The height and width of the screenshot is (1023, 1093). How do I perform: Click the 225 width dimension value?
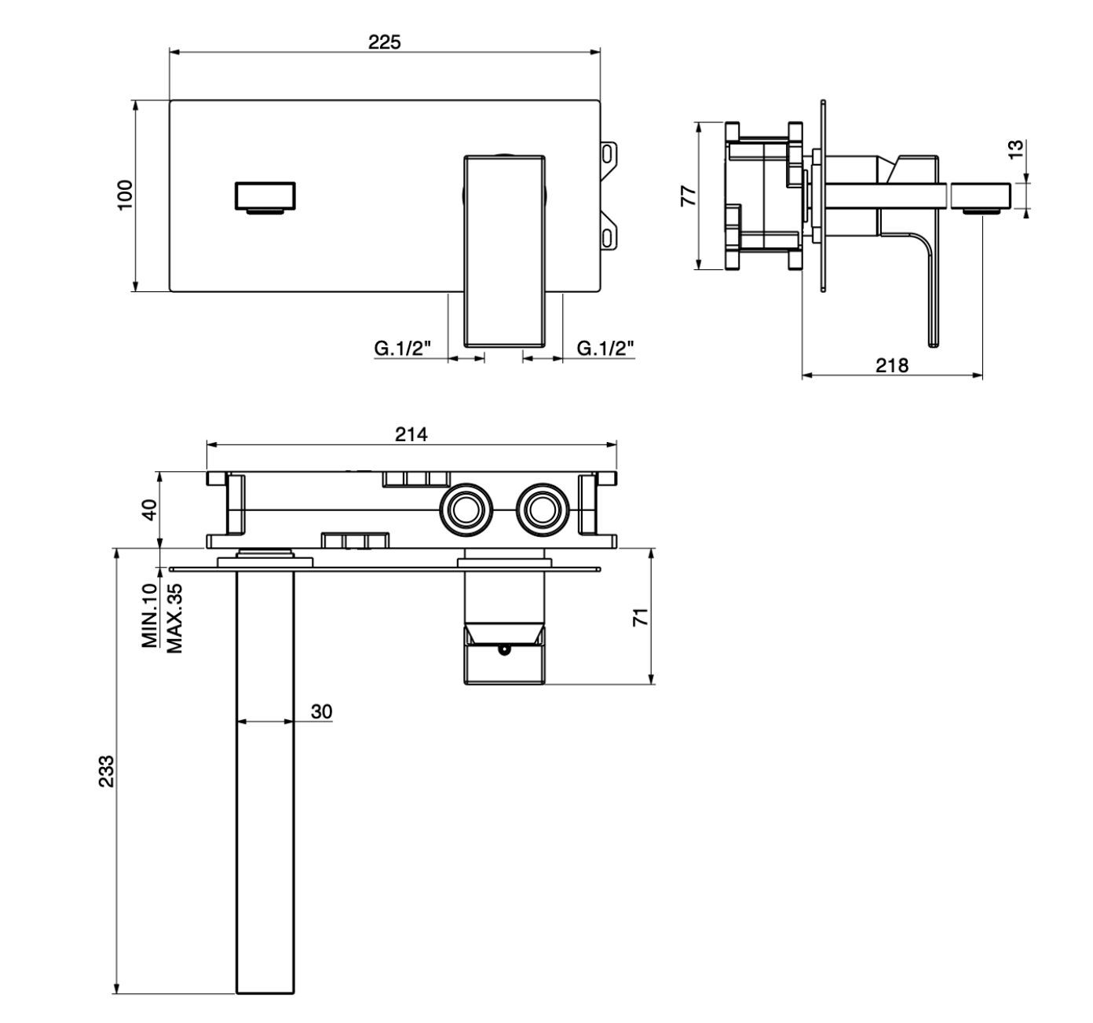(385, 42)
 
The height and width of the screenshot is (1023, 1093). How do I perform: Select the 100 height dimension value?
(126, 194)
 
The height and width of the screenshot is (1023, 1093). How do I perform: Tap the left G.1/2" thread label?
(403, 348)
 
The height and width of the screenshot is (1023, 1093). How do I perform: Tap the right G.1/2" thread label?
(605, 348)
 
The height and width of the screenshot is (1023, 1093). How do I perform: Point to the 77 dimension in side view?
(688, 195)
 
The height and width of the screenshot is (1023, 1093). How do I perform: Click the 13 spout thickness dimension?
(1015, 149)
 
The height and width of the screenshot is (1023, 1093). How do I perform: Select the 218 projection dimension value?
(892, 365)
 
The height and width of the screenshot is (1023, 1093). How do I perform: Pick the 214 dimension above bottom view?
(411, 433)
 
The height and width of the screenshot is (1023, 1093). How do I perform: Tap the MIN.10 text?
(150, 616)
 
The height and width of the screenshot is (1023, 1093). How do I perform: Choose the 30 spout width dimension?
(321, 711)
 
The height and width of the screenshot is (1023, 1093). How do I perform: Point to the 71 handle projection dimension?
(642, 616)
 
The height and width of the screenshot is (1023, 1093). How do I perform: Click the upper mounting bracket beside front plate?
(609, 155)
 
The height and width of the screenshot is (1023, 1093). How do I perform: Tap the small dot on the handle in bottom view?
(503, 650)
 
